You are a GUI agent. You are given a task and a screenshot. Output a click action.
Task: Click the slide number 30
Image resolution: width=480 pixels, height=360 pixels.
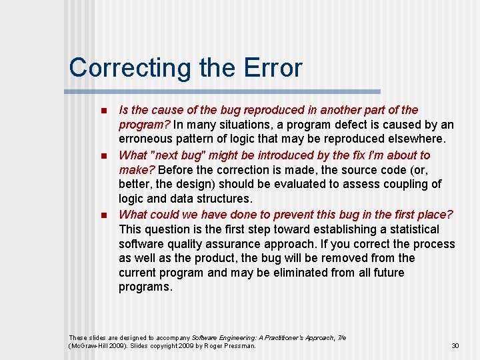click(455, 345)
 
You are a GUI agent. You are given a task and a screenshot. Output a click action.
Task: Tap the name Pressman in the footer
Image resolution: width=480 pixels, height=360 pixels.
click(239, 345)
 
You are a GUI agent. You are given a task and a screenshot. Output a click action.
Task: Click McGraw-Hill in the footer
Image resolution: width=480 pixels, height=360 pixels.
click(89, 345)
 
